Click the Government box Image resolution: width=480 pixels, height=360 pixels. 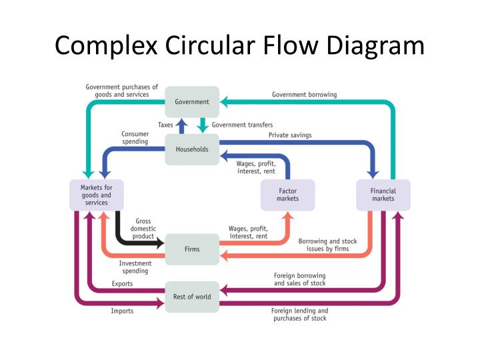click(x=192, y=102)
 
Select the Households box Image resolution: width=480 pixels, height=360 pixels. click(x=192, y=149)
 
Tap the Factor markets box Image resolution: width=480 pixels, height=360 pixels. click(x=287, y=195)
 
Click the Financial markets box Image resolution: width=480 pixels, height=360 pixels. click(x=383, y=195)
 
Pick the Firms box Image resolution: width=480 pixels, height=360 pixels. click(x=192, y=249)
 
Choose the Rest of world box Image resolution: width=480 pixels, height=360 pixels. click(x=192, y=297)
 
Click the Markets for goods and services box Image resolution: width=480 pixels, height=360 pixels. click(x=97, y=195)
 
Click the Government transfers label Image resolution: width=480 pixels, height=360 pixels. click(x=242, y=125)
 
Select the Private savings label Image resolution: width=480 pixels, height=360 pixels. click(x=290, y=135)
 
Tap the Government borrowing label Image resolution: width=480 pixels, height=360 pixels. click(x=304, y=95)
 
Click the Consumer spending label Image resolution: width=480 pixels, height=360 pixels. click(x=135, y=138)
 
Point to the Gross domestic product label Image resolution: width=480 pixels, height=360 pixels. click(x=143, y=228)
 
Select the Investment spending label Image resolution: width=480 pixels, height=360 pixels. click(x=135, y=267)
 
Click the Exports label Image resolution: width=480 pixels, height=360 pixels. click(x=122, y=284)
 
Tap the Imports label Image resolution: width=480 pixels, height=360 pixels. click(x=122, y=311)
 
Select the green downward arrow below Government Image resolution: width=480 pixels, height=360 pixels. click(x=201, y=125)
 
